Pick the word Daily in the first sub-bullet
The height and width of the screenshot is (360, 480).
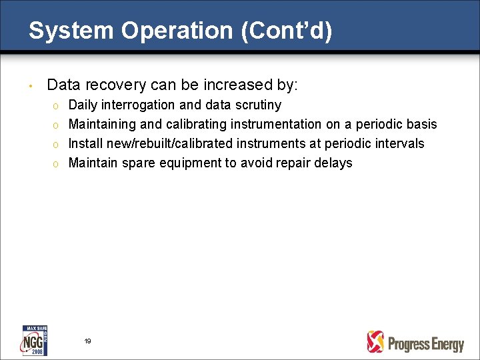tap(83, 105)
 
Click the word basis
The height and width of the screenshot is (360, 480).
tap(421, 125)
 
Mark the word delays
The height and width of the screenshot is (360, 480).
tap(335, 163)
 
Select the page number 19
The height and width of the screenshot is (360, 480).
tap(87, 341)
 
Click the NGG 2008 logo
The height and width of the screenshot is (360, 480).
tap(35, 340)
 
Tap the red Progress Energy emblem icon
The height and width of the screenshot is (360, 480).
tap(376, 342)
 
